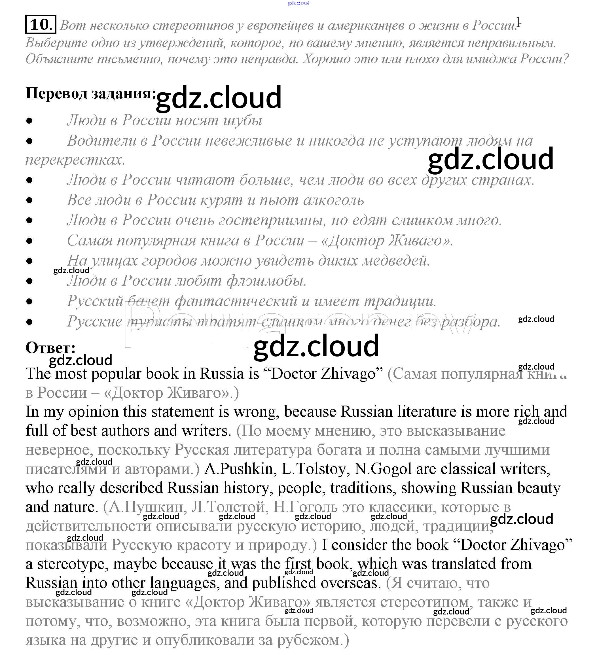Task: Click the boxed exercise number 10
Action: coord(41,24)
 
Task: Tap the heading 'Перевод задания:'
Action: coord(91,94)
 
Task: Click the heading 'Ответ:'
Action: coord(51,348)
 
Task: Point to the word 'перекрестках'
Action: coord(75,160)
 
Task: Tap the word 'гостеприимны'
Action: coord(271,221)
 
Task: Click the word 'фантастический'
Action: coord(236,301)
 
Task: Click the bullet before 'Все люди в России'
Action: coord(29,200)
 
